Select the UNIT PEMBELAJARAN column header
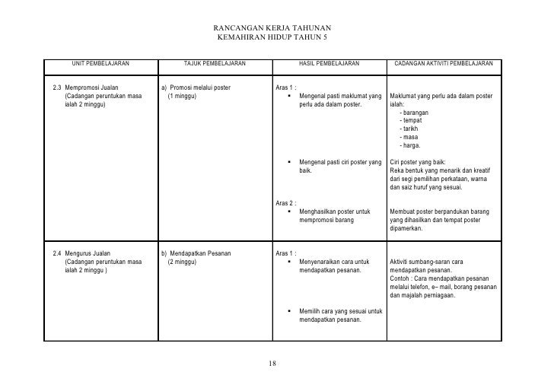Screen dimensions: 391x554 pos(100,63)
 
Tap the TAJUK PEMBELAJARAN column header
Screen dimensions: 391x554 pos(215,63)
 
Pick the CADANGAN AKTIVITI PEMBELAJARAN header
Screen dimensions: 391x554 pos(444,63)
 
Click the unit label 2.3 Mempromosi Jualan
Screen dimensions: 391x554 pos(87,89)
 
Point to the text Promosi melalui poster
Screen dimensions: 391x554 pos(200,89)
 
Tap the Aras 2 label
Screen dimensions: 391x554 pos(285,203)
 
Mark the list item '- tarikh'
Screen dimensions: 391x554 pos(409,129)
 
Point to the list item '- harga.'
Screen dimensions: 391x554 pos(410,145)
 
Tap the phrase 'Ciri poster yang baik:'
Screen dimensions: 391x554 pos(418,162)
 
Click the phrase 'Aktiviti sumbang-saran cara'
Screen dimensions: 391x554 pos(426,262)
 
